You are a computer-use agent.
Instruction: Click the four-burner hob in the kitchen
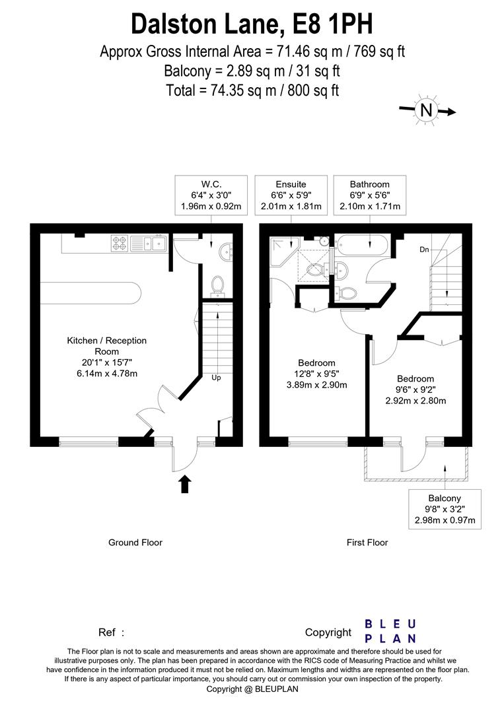119,244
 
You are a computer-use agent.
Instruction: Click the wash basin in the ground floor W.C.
225,251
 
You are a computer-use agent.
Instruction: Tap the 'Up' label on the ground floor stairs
216,378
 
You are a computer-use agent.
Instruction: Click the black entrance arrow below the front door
186,485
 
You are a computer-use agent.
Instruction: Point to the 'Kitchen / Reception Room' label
106,346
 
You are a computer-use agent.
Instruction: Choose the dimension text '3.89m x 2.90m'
317,385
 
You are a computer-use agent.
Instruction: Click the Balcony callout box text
445,510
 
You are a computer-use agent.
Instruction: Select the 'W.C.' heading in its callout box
211,184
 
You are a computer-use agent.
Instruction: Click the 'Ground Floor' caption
135,543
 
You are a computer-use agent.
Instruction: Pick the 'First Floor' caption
367,543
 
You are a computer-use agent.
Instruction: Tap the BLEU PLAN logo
390,630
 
